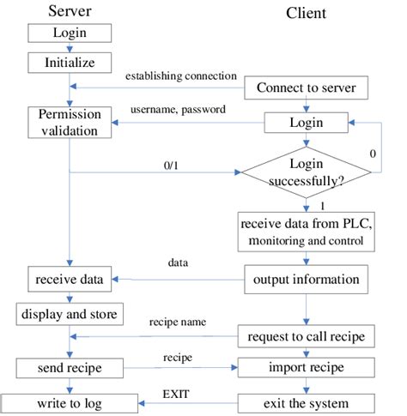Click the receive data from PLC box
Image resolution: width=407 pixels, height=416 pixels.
pos(307,232)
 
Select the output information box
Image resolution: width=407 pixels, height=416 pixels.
pos(307,279)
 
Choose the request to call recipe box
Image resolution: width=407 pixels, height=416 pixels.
pos(307,335)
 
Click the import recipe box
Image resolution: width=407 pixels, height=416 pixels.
pos(307,368)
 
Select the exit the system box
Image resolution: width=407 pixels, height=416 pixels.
pos(307,401)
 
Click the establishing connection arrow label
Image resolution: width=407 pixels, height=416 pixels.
pos(180,76)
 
